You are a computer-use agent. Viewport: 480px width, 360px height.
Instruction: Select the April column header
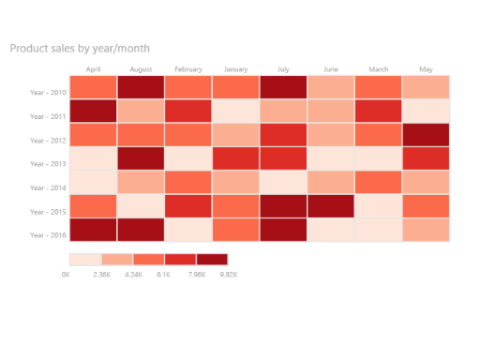point(93,69)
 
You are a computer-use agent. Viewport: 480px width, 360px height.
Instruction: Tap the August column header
point(141,69)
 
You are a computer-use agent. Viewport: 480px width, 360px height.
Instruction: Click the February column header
point(188,69)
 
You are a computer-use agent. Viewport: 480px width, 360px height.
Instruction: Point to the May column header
point(426,69)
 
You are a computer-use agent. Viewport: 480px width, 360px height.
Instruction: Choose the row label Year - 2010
point(47,93)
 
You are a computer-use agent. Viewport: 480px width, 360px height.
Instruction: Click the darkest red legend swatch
point(212,258)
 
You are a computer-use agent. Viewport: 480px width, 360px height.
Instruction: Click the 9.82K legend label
point(228,275)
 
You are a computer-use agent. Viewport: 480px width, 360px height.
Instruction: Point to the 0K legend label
point(66,275)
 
